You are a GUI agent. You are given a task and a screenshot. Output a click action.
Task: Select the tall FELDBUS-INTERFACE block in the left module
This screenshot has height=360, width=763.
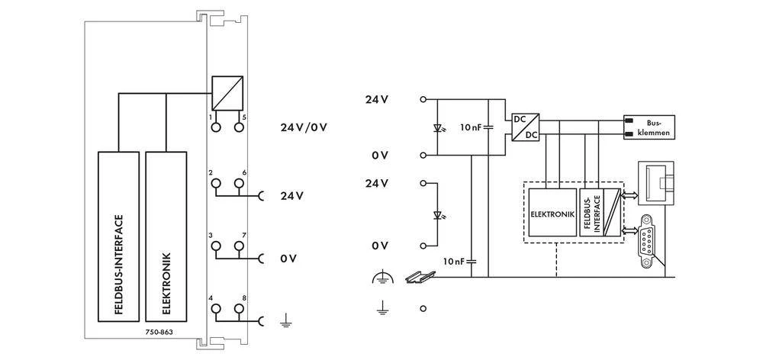coord(118,236)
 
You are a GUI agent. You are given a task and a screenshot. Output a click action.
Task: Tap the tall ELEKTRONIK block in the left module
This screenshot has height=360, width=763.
coord(166,236)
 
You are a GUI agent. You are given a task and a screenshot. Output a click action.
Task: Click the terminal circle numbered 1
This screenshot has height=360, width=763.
coord(216,127)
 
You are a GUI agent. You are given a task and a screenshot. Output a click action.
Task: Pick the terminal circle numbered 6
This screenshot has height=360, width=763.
coord(239,183)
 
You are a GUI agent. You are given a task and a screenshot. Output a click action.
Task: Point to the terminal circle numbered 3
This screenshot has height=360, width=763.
coord(216,246)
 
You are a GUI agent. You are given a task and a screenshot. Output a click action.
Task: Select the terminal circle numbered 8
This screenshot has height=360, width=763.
coord(239,308)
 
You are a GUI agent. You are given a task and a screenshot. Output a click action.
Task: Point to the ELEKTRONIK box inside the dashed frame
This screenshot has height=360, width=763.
coord(552,214)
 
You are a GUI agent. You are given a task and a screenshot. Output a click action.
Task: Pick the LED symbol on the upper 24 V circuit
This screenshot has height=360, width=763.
coord(436,127)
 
